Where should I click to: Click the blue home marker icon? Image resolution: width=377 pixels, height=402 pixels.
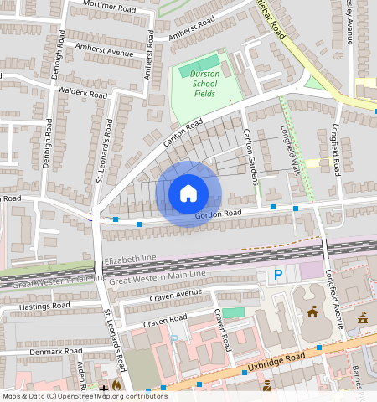(x=188, y=193)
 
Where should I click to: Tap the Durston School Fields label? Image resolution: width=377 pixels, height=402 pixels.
(x=203, y=84)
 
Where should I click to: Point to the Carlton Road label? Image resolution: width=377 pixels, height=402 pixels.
(x=183, y=133)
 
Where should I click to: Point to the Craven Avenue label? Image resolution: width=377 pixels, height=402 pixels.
(x=176, y=296)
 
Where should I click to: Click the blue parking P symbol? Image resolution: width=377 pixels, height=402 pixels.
(x=279, y=274)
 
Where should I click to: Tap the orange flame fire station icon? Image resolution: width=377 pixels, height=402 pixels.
(x=116, y=387)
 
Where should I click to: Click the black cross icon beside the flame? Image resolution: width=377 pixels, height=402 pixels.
(x=104, y=388)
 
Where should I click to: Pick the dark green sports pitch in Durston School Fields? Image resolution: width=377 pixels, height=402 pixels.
(x=201, y=65)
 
